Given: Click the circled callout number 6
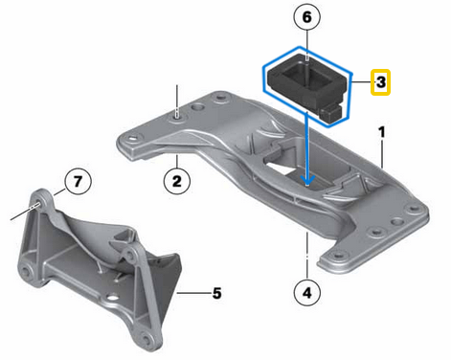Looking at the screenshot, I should click(305, 17).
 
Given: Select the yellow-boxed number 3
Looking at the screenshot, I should click(380, 83).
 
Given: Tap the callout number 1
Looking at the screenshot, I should click(381, 131).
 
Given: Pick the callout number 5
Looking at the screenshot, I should click(216, 292).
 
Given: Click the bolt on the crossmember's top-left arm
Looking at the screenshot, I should click(178, 116).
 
